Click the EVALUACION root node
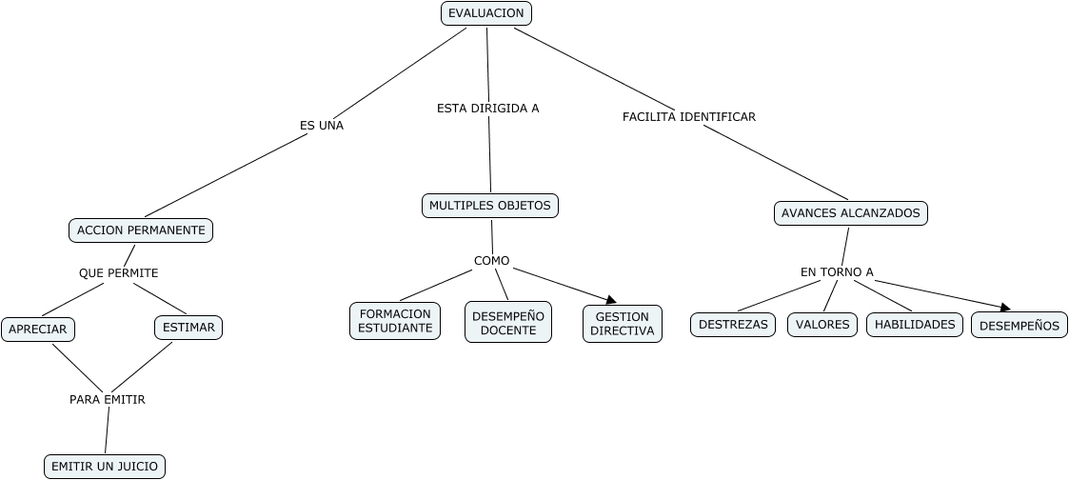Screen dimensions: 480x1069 [x=486, y=13]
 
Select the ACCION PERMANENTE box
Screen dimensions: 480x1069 [x=141, y=230]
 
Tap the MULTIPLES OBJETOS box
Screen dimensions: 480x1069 [x=489, y=206]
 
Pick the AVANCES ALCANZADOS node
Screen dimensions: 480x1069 [x=850, y=213]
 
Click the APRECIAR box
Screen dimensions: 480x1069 [x=38, y=330]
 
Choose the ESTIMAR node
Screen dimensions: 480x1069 [x=188, y=328]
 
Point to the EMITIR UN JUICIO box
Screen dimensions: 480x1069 [x=105, y=467]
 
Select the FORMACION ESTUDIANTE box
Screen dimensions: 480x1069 [x=395, y=321]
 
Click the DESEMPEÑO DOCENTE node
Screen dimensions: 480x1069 [x=508, y=322]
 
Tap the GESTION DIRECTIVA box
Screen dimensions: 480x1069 [x=623, y=324]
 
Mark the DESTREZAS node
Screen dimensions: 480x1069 [x=733, y=325]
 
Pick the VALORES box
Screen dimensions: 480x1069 [x=822, y=325]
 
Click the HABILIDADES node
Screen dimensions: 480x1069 [x=915, y=325]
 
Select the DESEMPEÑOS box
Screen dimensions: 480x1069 [x=1019, y=326]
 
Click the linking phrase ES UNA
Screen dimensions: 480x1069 [x=322, y=125]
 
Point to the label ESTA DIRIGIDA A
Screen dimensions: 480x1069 [x=488, y=108]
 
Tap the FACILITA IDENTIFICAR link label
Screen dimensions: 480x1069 [x=689, y=116]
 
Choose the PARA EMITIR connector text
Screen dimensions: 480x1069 [x=108, y=400]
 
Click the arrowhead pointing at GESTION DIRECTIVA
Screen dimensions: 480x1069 [x=611, y=301]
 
